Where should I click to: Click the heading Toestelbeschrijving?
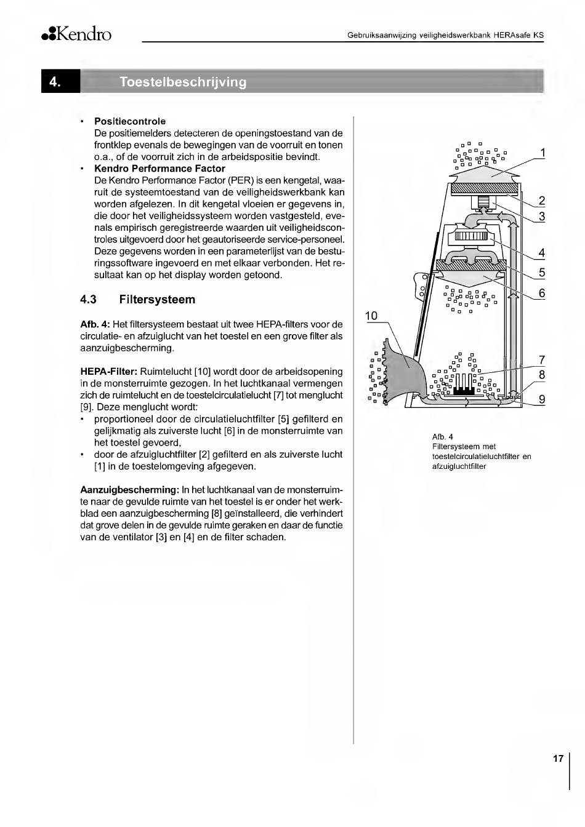tap(183, 82)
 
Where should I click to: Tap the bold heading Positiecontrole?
tap(130, 121)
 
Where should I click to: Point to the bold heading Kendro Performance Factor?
tap(159, 169)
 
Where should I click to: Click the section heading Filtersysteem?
tap(157, 300)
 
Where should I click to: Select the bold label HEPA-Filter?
tap(109, 372)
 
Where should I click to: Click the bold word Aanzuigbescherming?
tap(129, 490)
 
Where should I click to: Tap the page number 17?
tap(558, 759)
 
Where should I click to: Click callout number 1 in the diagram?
tap(542, 153)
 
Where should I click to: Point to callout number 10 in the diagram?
tap(371, 316)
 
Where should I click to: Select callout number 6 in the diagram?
tap(542, 293)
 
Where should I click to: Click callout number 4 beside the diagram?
tap(542, 252)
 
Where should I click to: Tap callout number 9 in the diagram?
tap(542, 399)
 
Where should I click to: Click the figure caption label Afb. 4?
tap(443, 437)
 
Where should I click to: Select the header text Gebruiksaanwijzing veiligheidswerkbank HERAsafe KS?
tap(445, 35)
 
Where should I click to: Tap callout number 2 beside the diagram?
tap(542, 200)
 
